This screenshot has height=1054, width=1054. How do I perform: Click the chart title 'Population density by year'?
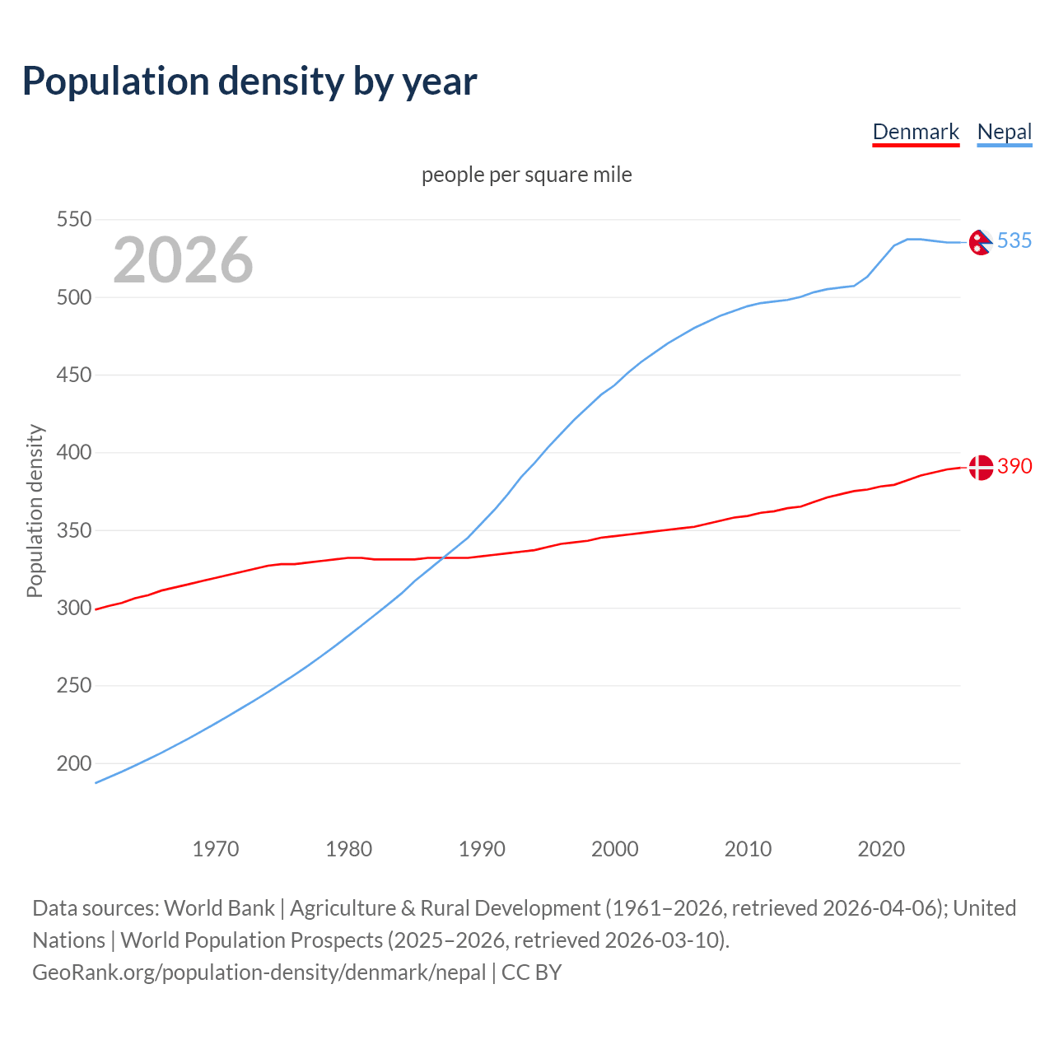pyautogui.click(x=250, y=81)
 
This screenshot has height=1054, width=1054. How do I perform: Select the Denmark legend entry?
pyautogui.click(x=916, y=132)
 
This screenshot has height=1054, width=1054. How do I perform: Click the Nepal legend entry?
pyautogui.click(x=1004, y=132)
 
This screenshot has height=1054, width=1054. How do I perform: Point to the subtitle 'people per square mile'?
pyautogui.click(x=527, y=175)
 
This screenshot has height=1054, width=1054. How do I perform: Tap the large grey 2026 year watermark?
pyautogui.click(x=183, y=260)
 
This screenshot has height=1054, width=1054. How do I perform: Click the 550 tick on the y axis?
pyautogui.click(x=73, y=219)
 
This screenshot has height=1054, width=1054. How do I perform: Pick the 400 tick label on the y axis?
pyautogui.click(x=73, y=452)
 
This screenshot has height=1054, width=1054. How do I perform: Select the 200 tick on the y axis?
pyautogui.click(x=73, y=763)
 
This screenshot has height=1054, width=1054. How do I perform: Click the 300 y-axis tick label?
pyautogui.click(x=73, y=608)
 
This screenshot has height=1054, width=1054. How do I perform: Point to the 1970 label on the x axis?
pyautogui.click(x=216, y=849)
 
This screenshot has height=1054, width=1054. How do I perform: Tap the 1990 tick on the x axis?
pyautogui.click(x=482, y=849)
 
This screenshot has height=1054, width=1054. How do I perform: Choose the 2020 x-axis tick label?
pyautogui.click(x=881, y=849)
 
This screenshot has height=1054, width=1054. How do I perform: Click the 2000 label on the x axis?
pyautogui.click(x=615, y=849)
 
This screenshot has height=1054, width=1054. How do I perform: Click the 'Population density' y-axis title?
pyautogui.click(x=35, y=511)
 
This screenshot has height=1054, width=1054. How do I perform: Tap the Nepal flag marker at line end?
pyautogui.click(x=980, y=242)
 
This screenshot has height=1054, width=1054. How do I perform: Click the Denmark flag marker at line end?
pyautogui.click(x=980, y=467)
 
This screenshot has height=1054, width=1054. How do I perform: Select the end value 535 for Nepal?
pyautogui.click(x=1014, y=240)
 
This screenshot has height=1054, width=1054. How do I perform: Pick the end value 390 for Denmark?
pyautogui.click(x=1014, y=466)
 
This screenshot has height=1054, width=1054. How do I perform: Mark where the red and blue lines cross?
pyautogui.click(x=441, y=558)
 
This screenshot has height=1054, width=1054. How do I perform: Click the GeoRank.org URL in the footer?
pyautogui.click(x=259, y=972)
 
